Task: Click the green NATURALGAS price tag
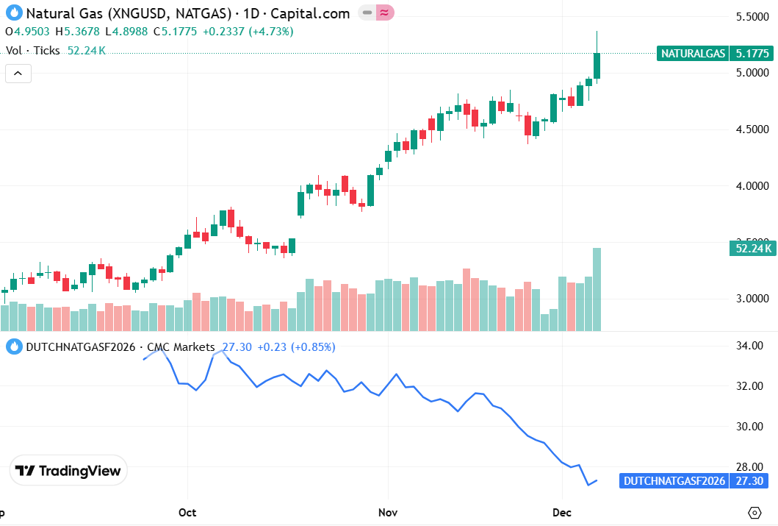point(694,53)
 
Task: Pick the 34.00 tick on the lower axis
point(757,346)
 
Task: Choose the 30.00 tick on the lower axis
point(757,427)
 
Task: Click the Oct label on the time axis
point(188,511)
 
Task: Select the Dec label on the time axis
point(561,511)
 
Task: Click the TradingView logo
point(68,471)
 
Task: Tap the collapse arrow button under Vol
point(18,73)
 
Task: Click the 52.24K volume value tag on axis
point(752,248)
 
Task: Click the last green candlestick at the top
point(597,65)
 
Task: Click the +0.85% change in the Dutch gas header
point(314,346)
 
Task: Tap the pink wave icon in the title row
point(385,13)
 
